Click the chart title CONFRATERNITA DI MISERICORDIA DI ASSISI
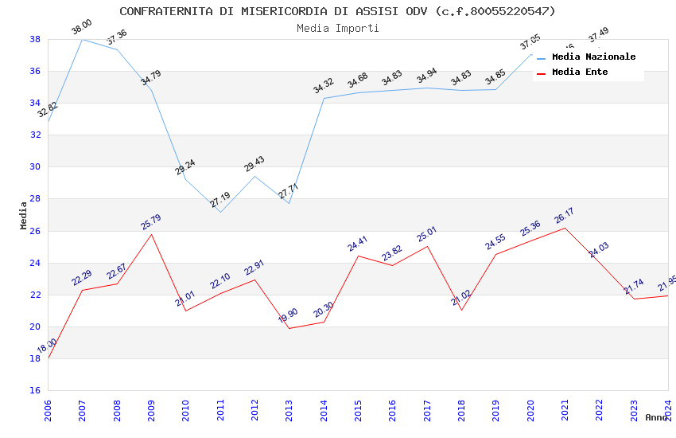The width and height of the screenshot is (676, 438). tap(337, 11)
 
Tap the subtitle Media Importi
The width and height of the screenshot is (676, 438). tap(337, 28)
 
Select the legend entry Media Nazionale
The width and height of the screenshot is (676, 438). tap(593, 57)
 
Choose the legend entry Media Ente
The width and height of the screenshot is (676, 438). tap(580, 72)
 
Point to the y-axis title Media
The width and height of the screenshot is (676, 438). tap(24, 215)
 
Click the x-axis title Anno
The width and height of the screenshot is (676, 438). tap(656, 417)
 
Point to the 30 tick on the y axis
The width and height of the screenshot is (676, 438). tap(36, 167)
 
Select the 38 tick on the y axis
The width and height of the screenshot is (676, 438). tap(36, 39)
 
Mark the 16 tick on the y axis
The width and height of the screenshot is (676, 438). tap(36, 391)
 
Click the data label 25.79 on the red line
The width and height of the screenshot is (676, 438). tap(151, 221)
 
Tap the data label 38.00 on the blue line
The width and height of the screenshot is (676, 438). tap(82, 27)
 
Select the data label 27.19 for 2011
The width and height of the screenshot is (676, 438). tap(220, 200)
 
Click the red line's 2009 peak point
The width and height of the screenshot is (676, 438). tap(151, 234)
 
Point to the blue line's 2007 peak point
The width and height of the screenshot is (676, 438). tap(83, 39)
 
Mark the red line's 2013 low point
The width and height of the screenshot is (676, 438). tap(289, 328)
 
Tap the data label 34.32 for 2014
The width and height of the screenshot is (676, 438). tap(324, 86)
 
